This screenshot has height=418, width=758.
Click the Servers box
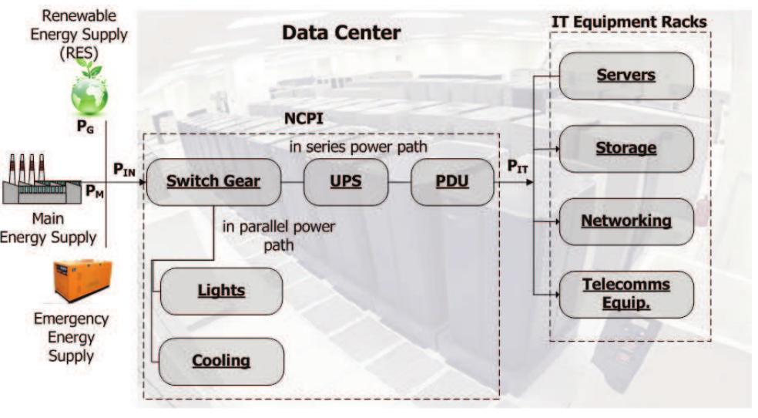tap(626, 76)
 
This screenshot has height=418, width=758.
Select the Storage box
tap(626, 148)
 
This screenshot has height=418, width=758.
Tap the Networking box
tap(626, 221)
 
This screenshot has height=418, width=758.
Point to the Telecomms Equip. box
tap(626, 293)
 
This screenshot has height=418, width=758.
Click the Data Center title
tap(340, 33)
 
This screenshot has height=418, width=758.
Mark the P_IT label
tap(518, 167)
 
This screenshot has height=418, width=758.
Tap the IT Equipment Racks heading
tap(629, 22)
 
